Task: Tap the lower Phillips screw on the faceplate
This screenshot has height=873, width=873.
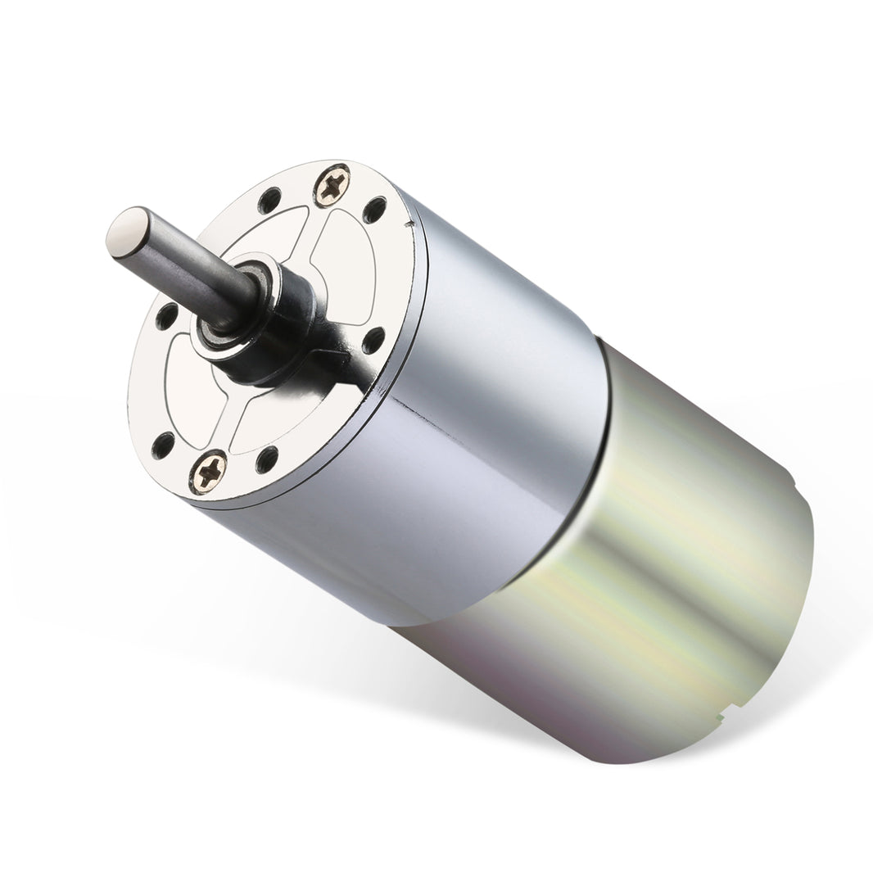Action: point(209,471)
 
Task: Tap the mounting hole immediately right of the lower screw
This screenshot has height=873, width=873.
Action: point(266,459)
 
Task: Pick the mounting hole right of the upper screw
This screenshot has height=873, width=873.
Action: point(374,210)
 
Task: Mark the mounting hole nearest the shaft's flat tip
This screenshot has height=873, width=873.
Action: point(166,315)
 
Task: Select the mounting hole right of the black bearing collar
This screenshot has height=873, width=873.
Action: point(373,340)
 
